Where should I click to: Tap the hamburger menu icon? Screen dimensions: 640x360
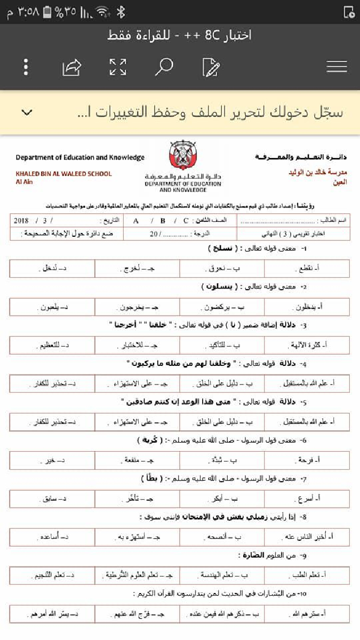pyautogui.click(x=337, y=67)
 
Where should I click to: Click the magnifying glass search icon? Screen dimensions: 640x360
pyautogui.click(x=164, y=67)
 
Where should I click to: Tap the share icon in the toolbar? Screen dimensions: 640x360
pyautogui.click(x=72, y=67)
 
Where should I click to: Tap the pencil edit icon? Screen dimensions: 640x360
pyautogui.click(x=211, y=67)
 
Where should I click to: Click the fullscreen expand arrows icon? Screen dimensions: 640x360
pyautogui.click(x=118, y=67)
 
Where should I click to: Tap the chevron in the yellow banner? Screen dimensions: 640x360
pyautogui.click(x=27, y=113)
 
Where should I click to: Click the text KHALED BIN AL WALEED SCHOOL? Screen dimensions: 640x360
pyautogui.click(x=64, y=174)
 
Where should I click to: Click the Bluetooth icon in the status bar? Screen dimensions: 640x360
pyautogui.click(x=122, y=12)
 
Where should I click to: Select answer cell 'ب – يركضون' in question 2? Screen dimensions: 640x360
pyautogui.click(x=222, y=307)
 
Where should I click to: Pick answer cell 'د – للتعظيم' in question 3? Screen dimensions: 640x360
pyautogui.click(x=52, y=345)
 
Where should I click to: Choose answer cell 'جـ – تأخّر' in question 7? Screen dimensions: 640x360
pyautogui.click(x=138, y=498)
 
